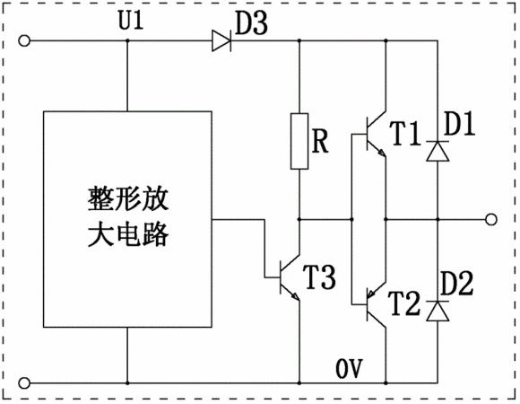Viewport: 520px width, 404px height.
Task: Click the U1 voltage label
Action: tap(131, 21)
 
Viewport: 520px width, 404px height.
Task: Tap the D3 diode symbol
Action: tap(221, 40)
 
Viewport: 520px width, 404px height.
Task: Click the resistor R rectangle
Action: tap(299, 142)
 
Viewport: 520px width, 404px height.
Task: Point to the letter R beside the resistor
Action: tap(320, 141)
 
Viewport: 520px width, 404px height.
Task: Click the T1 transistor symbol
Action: tap(376, 135)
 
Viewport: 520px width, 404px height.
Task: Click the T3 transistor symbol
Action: tap(290, 277)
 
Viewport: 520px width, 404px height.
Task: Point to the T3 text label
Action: tap(320, 277)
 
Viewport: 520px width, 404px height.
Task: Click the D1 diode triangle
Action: tap(438, 151)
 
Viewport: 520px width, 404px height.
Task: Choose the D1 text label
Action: tap(459, 124)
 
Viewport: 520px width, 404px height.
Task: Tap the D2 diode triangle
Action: tap(438, 311)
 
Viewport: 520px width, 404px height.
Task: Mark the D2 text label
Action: tap(457, 284)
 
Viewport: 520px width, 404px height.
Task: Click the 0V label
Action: tap(350, 368)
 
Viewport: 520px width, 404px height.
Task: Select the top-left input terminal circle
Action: tap(24, 40)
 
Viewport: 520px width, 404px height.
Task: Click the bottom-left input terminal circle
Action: tap(24, 383)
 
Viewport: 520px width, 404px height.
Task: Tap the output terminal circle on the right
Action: tap(491, 219)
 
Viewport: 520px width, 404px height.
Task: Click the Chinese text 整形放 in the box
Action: tap(128, 199)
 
